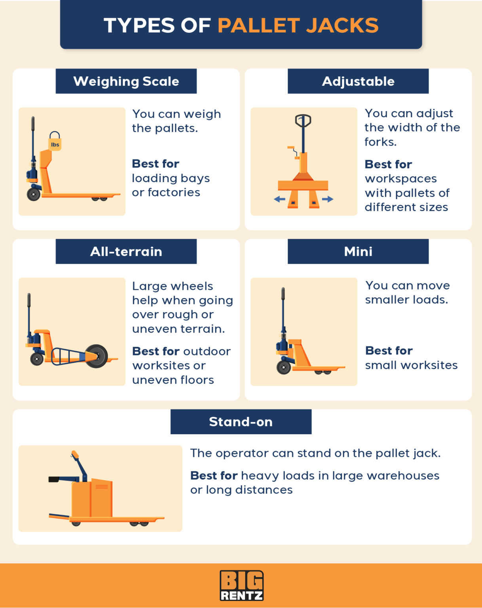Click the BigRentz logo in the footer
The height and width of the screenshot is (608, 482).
241,585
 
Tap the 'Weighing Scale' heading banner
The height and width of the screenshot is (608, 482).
126,81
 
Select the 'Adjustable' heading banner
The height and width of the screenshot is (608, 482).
358,81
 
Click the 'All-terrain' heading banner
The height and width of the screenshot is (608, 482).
126,251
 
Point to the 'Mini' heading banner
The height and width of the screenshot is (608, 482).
358,251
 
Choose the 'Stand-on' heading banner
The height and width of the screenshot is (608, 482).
241,422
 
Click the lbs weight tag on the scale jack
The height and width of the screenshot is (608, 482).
55,143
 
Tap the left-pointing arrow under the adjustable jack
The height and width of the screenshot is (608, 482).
279,199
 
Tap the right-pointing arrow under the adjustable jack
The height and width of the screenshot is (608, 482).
328,199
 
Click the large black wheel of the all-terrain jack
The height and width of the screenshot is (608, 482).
97,356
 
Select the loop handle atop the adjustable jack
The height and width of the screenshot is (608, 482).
303,120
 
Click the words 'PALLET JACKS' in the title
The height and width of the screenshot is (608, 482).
298,25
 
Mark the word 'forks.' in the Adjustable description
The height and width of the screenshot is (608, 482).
380,142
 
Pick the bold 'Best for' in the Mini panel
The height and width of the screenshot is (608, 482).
389,351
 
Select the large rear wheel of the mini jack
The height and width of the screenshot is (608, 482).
284,367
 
